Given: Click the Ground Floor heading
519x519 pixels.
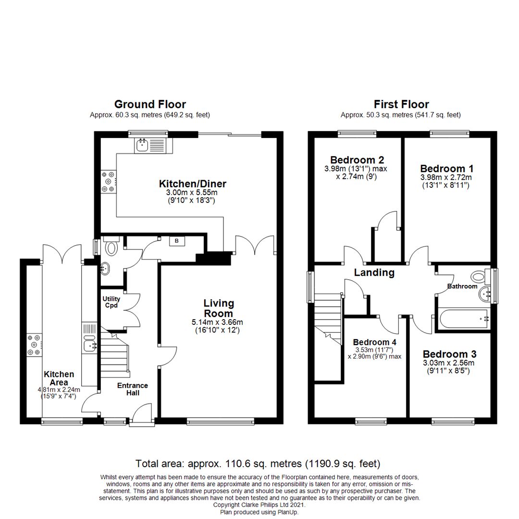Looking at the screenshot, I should (150, 104).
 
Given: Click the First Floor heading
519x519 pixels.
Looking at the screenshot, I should (401, 104).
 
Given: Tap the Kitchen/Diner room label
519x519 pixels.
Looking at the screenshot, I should (192, 184).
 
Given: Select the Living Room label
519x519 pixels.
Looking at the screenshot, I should (219, 309).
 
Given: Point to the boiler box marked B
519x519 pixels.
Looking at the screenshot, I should (176, 242).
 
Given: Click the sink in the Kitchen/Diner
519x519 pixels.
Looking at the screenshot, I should (142, 145).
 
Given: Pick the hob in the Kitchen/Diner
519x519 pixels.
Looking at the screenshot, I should (108, 182).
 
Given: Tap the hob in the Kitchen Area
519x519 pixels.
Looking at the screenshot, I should (35, 345).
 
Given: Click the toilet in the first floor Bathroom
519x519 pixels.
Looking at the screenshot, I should (478, 277).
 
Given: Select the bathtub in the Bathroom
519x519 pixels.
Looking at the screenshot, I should (463, 319).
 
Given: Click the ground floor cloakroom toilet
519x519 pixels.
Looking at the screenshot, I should (111, 247).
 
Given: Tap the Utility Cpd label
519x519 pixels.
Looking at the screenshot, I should (111, 302).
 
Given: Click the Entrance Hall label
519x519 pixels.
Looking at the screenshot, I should (133, 389).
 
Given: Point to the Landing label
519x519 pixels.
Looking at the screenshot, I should (374, 273).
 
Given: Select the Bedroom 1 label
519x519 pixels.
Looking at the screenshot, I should (447, 169).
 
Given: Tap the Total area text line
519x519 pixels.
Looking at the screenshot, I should (258, 464).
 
